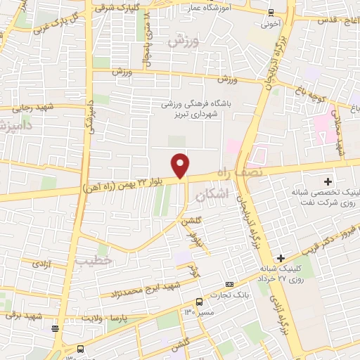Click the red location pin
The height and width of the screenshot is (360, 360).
pyautogui.click(x=181, y=165)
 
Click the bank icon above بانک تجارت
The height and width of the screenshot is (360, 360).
pyautogui.click(x=230, y=283)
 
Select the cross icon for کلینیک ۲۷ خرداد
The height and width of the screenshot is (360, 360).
pyautogui.click(x=282, y=258)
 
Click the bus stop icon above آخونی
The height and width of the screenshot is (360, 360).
pyautogui.click(x=271, y=11)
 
